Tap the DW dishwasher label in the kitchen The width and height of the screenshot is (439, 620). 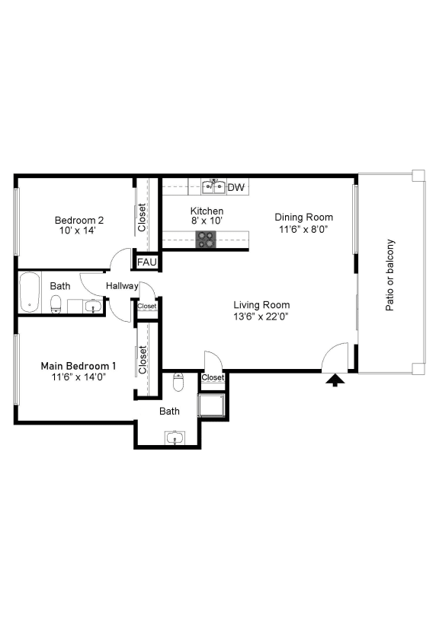[x=236, y=187]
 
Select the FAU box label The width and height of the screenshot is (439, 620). [x=146, y=262]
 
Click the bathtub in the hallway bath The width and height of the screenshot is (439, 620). [x=30, y=292]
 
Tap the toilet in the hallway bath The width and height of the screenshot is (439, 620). [x=55, y=306]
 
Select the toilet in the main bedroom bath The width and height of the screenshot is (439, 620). [x=178, y=383]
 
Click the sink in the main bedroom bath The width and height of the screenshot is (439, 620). [x=175, y=438]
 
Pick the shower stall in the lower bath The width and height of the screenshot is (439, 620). [x=211, y=406]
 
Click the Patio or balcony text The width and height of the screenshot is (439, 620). [x=390, y=275]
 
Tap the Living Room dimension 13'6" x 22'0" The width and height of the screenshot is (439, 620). [x=261, y=316]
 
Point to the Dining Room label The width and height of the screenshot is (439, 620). [x=304, y=217]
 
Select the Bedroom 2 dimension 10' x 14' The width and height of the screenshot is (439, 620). [x=76, y=231]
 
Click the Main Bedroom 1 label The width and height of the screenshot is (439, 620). [x=79, y=365]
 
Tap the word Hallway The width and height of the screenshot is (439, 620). [x=122, y=286]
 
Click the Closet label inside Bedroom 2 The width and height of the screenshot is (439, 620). [x=142, y=218]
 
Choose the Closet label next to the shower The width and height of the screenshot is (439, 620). [x=213, y=377]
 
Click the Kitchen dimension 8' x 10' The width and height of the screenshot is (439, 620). [x=207, y=221]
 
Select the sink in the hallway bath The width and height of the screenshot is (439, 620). [x=91, y=307]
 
